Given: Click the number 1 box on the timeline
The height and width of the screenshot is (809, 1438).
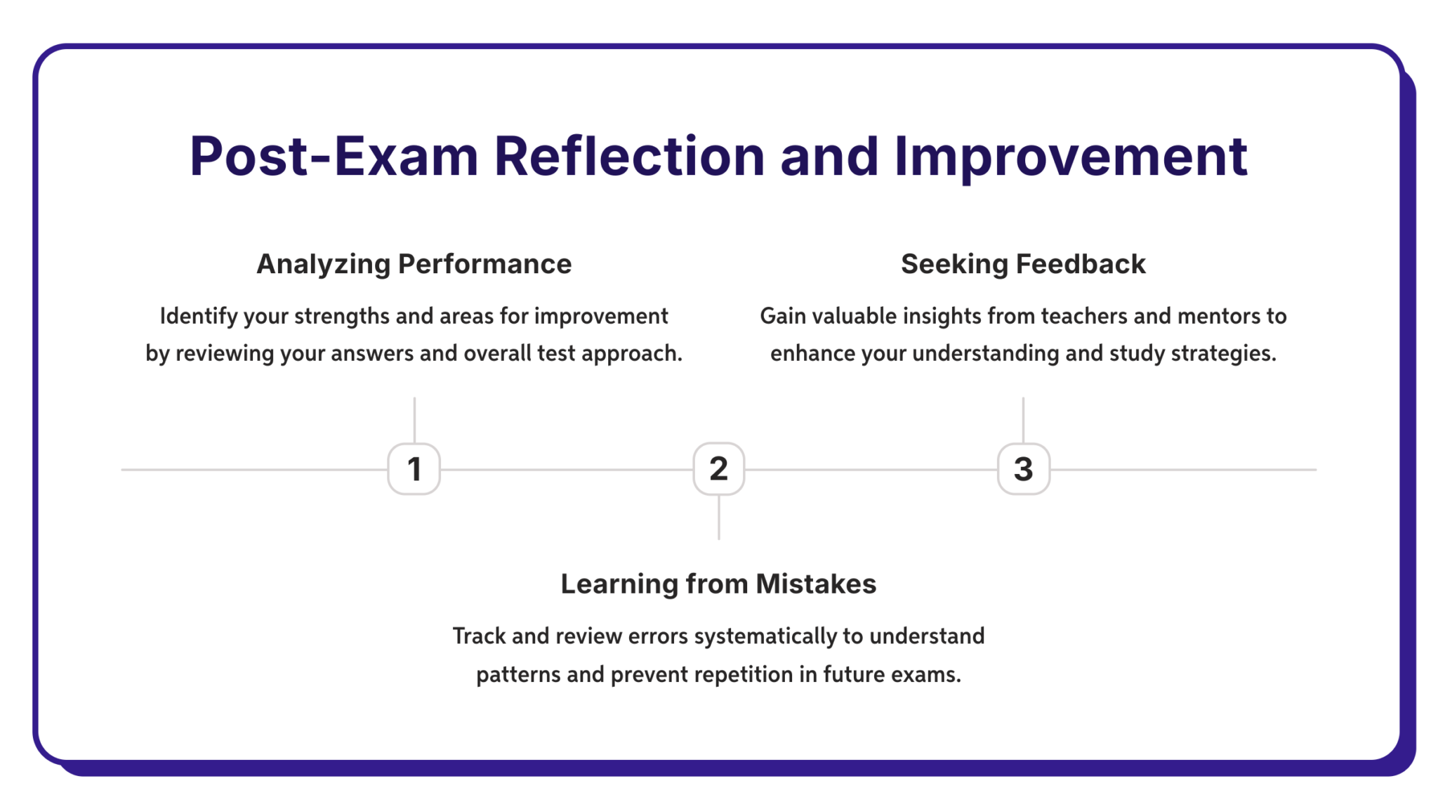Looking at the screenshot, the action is (x=414, y=468).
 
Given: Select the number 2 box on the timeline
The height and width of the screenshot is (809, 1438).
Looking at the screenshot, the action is (x=718, y=468).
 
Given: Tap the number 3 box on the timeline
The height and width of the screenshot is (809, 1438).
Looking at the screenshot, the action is (x=1024, y=468).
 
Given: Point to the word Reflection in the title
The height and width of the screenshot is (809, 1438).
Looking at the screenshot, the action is (x=630, y=155).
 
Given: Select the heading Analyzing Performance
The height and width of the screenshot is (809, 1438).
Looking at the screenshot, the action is (x=414, y=265).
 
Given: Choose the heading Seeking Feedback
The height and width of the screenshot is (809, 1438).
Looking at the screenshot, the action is (x=1023, y=264).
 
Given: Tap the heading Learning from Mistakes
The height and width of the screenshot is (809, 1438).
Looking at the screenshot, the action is (x=718, y=584).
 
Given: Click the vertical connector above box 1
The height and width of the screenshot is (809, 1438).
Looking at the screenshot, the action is (x=414, y=420).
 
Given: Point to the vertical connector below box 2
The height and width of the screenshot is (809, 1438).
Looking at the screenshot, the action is (x=718, y=517).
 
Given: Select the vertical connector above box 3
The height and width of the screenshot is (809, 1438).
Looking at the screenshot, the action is (x=1023, y=420).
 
